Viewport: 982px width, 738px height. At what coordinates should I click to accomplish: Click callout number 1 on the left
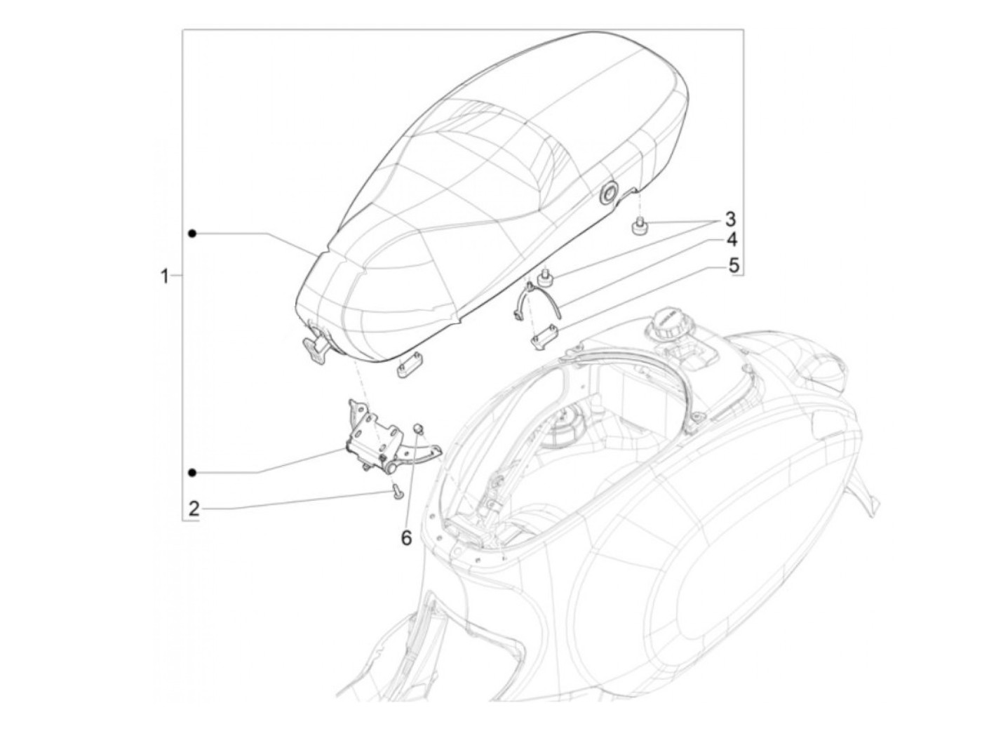point(165,276)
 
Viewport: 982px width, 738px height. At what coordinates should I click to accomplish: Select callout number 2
point(194,508)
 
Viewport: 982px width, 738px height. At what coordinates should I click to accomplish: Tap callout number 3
point(730,217)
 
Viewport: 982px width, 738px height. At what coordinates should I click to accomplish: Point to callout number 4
point(731,240)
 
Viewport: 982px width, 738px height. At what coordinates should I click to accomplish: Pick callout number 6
point(405,538)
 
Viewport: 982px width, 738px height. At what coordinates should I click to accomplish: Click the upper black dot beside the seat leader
point(192,233)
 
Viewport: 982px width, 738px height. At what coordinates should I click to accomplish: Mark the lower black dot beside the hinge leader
point(192,472)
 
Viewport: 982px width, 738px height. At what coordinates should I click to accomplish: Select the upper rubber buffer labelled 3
point(639,228)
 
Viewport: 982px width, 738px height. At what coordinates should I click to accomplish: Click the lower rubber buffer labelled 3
point(543,280)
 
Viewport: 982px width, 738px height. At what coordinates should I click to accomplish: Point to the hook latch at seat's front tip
point(315,343)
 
